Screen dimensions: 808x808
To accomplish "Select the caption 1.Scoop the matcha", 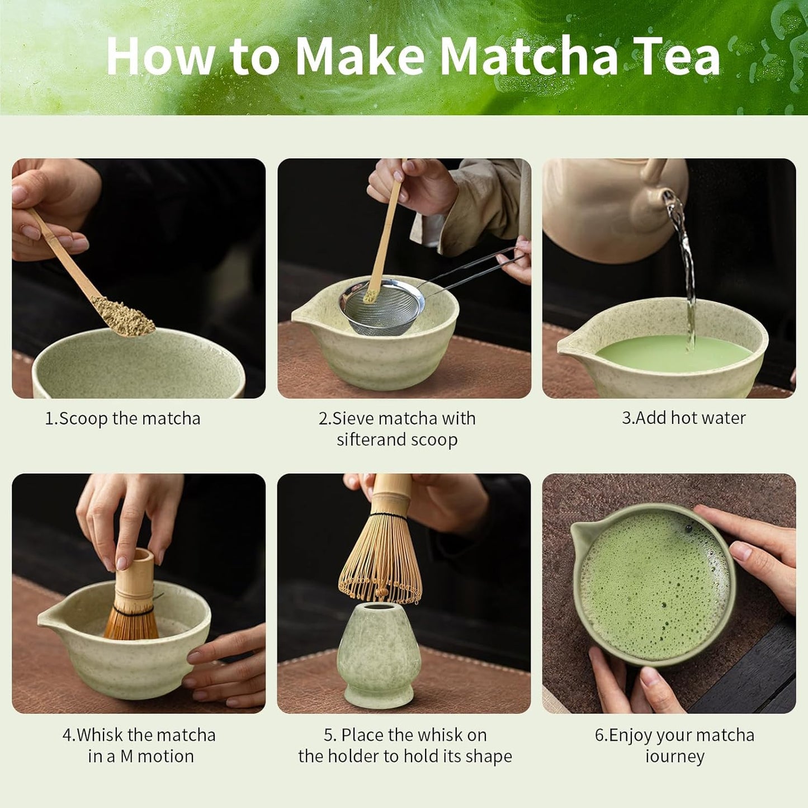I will tap(122, 418).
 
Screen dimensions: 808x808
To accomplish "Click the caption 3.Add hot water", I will tap(683, 418).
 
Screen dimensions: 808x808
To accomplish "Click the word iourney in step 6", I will tap(674, 757).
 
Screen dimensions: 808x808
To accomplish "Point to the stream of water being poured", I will tap(687, 268).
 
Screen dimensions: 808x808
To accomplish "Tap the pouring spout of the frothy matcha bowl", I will tap(584, 534).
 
